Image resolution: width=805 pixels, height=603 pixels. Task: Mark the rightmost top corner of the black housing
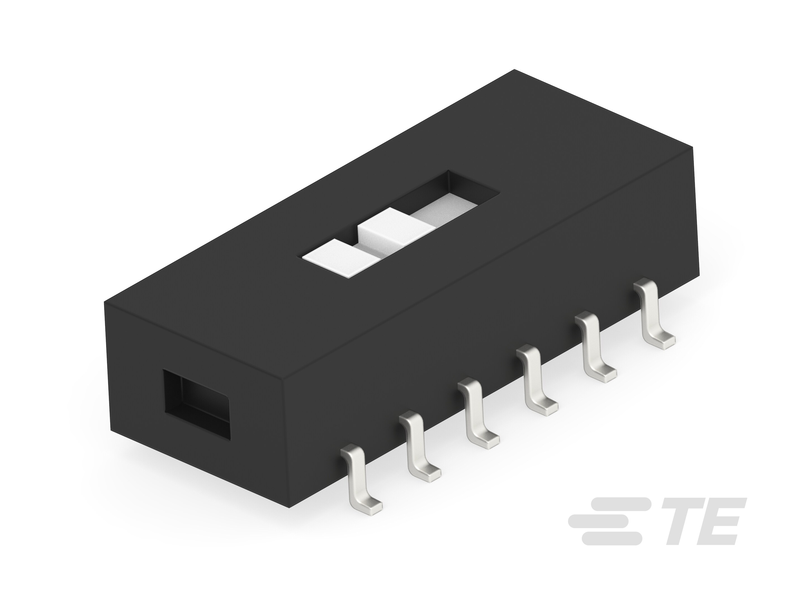pos(693,148)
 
